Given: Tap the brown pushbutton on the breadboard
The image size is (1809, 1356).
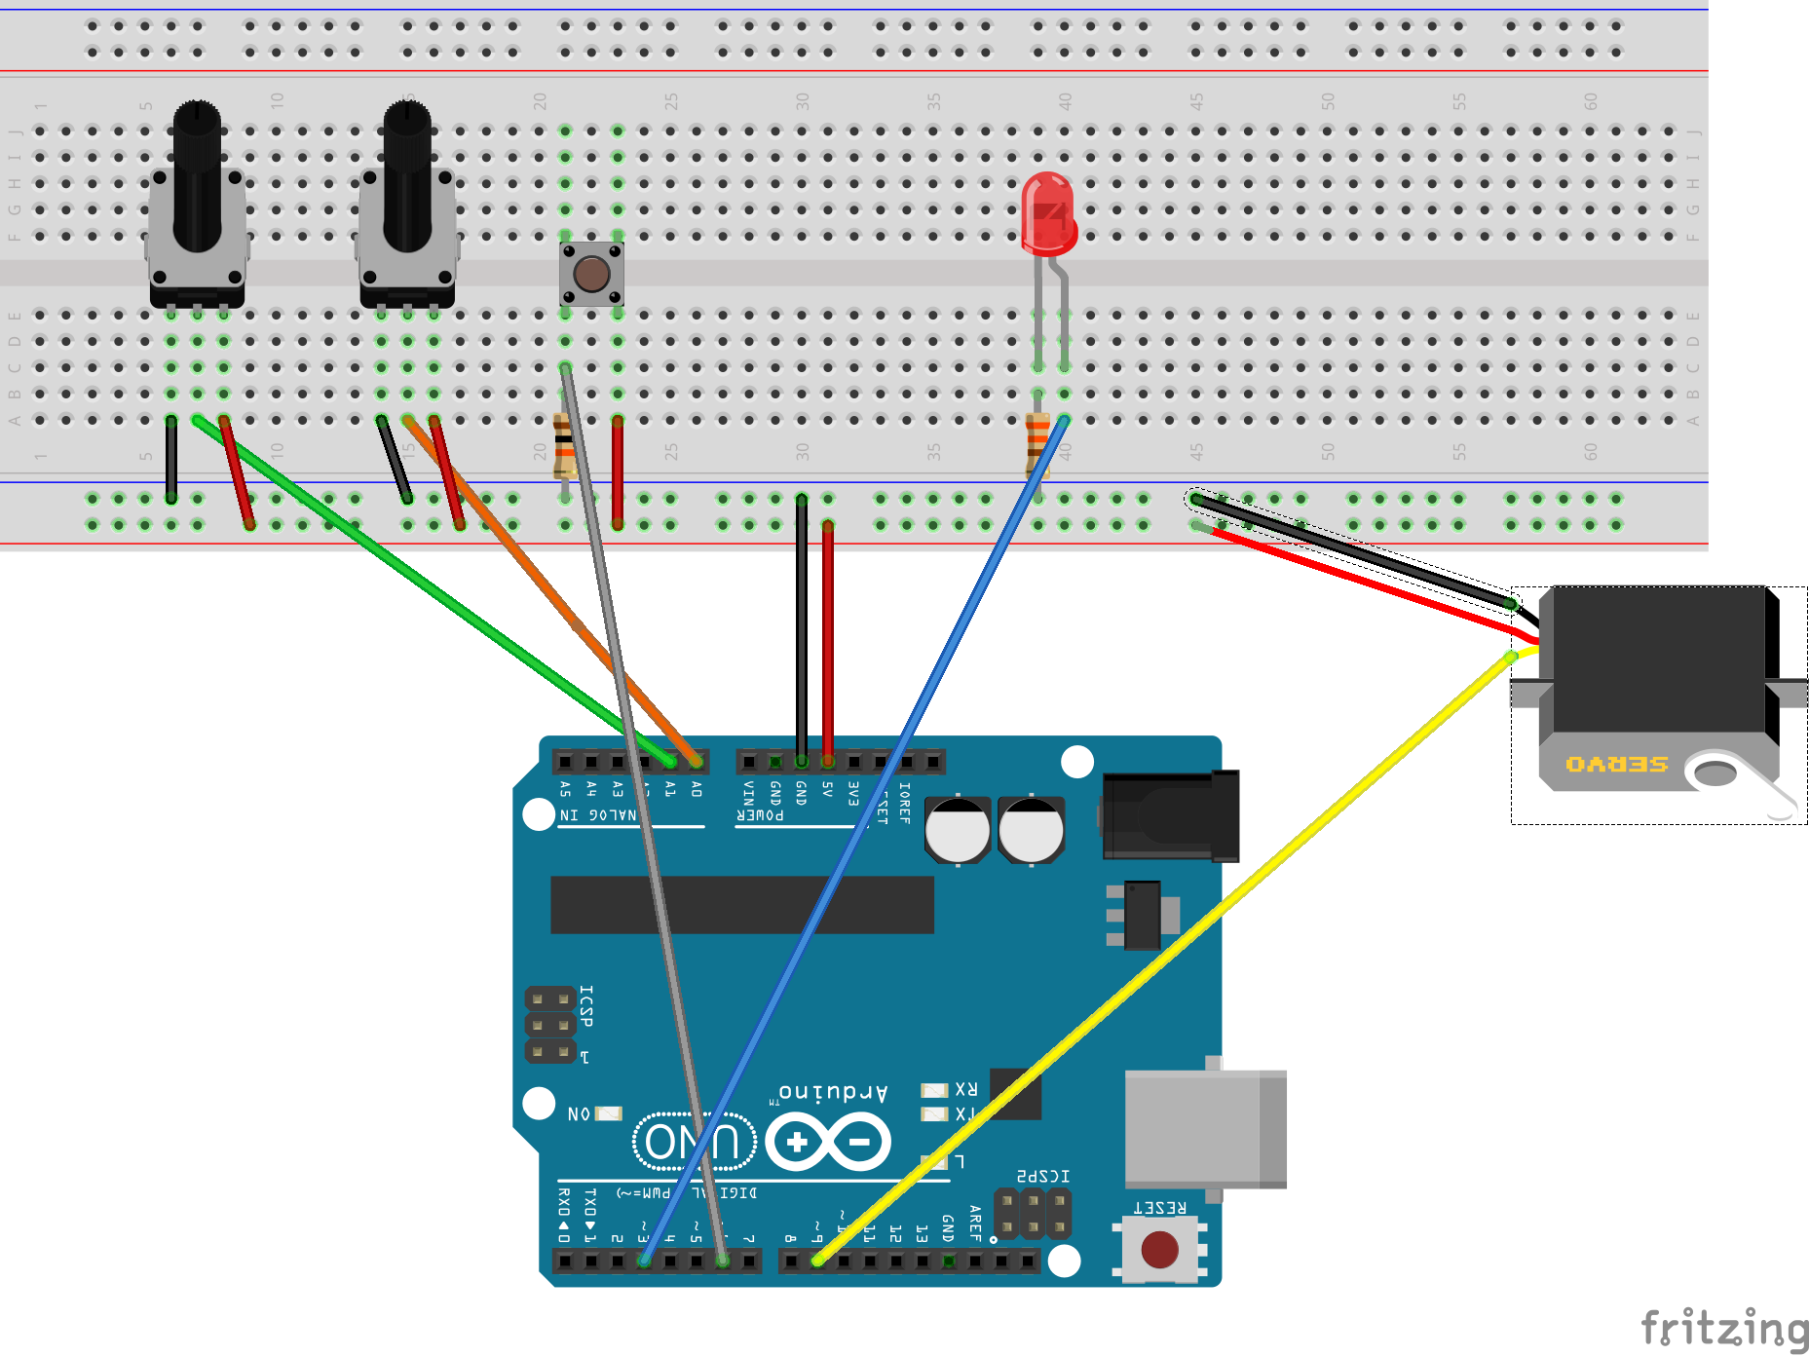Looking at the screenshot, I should [x=591, y=274].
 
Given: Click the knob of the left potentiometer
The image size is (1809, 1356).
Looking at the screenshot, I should [x=197, y=175].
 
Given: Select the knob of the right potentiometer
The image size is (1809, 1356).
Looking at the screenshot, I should [x=407, y=175].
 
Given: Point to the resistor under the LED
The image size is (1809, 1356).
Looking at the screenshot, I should [x=1036, y=443].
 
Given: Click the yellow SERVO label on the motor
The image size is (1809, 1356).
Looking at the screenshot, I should [x=1616, y=765].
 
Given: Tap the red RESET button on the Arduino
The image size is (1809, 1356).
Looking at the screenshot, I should [x=1159, y=1249].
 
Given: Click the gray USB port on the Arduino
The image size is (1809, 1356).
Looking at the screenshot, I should [x=1204, y=1128].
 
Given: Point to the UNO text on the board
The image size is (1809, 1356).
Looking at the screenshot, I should [x=694, y=1142].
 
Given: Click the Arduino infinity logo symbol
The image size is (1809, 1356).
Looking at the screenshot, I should [x=828, y=1142].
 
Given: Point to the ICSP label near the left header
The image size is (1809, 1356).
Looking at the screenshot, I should [x=586, y=1005].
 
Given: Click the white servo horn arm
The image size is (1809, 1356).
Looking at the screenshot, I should [x=1744, y=779].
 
